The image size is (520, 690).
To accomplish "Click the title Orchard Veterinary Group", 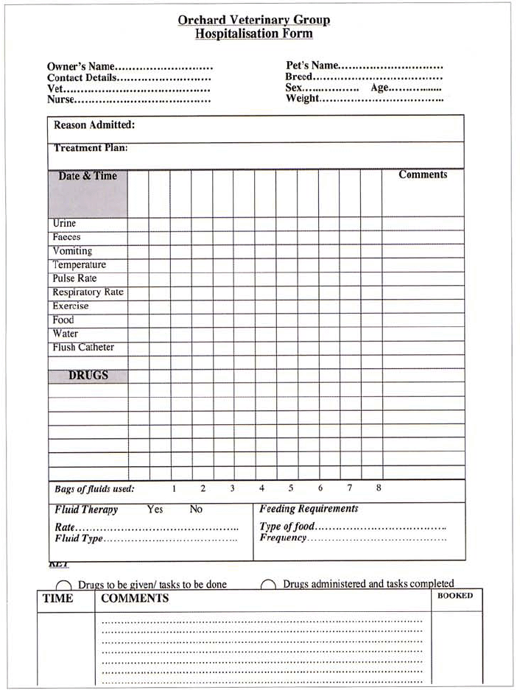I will [x=253, y=20].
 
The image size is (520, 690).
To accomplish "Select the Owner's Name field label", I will [x=81, y=66].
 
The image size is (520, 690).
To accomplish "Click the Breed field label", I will [x=299, y=77].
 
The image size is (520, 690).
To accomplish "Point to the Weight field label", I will [x=303, y=99].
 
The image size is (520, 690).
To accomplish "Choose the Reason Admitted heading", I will [x=94, y=125].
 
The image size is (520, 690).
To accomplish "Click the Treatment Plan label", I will [x=91, y=148].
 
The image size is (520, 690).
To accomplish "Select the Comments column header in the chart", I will [x=423, y=175].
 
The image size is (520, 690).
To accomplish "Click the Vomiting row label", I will [x=72, y=251].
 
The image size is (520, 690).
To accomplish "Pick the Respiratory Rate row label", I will [x=88, y=292].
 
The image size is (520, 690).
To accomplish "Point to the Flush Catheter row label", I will [x=83, y=348].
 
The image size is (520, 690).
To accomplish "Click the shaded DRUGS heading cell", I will [x=88, y=376].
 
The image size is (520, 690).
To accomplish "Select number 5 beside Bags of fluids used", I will [x=291, y=488].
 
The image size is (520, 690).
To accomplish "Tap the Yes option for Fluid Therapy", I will [x=155, y=510].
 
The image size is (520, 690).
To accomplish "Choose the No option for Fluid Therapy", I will [x=196, y=510].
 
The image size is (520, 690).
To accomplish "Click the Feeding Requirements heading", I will [x=309, y=509].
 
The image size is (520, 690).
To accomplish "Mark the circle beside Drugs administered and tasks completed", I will [x=268, y=585].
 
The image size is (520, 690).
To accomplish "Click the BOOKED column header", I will [x=455, y=596].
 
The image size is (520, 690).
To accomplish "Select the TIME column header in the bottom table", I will [x=58, y=599].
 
